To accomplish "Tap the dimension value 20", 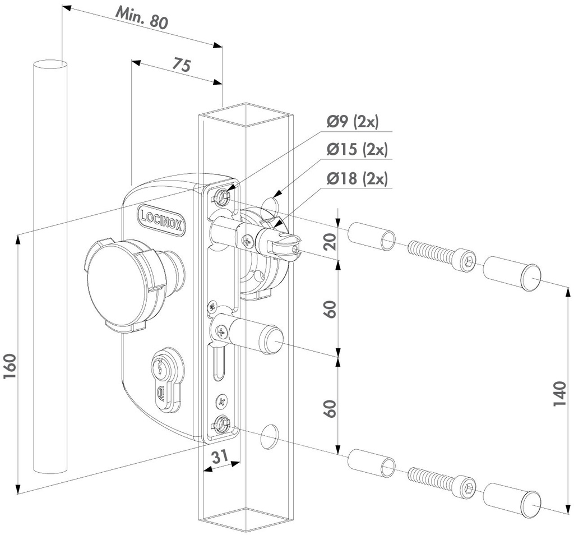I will pyautogui.click(x=330, y=242).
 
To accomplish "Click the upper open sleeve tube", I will pyautogui.click(x=372, y=236).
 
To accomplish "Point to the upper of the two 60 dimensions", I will pyautogui.click(x=330, y=308).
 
